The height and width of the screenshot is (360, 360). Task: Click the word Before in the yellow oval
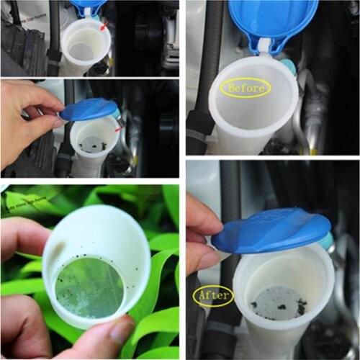245,89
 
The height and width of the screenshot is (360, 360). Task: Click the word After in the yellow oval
213,295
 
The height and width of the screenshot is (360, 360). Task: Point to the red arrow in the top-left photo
104,27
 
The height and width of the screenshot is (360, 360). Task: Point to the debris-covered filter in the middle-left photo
93,144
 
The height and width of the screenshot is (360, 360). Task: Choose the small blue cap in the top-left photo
87,8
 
